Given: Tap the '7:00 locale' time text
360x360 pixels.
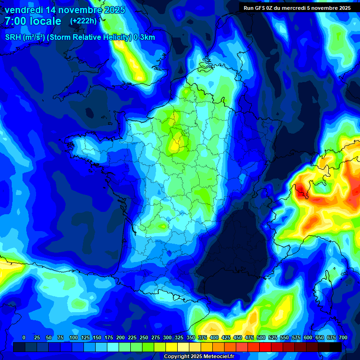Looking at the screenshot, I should tap(33, 21).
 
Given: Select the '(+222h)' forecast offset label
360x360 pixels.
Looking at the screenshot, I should tap(83, 21).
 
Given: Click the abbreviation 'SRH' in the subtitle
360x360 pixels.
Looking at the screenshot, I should tap(13, 37).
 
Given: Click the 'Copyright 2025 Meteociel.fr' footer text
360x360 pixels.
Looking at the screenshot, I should tap(199, 357).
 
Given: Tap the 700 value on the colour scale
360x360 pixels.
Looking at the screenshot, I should tap(343, 338).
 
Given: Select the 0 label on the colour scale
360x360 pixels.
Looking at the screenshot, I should tap(24, 338).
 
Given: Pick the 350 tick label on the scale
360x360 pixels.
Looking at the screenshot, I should tap(191, 338).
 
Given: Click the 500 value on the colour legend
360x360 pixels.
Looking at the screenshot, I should tap(261, 338).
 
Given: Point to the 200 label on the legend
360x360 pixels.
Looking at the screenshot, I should tap(120, 338).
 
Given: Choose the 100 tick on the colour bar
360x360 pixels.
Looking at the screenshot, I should tap(74, 338).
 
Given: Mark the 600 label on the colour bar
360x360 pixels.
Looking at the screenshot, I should tap(308, 338).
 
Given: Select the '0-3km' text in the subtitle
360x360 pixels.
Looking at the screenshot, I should tap(144, 37).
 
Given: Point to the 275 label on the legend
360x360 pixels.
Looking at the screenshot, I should tap(156, 338).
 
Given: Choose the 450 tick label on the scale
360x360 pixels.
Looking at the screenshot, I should tap(238, 338).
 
